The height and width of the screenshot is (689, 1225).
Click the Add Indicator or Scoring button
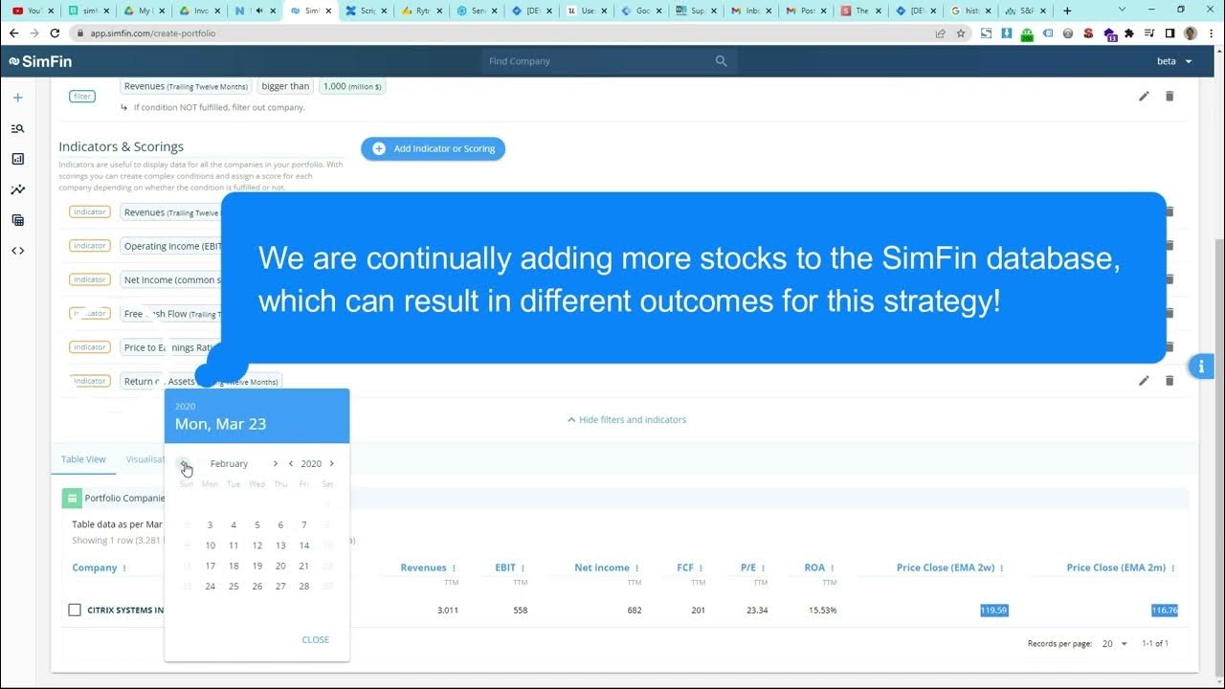click(433, 148)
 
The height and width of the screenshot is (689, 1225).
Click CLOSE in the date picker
click(315, 639)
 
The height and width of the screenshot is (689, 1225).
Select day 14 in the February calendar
click(304, 545)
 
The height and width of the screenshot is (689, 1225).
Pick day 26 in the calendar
click(257, 587)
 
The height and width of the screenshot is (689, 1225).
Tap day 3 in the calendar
click(211, 525)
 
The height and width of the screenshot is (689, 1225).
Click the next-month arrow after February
click(276, 464)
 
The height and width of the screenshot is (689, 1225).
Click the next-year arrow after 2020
click(332, 464)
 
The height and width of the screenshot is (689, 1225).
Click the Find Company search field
click(598, 61)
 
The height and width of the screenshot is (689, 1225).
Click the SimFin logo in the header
click(40, 61)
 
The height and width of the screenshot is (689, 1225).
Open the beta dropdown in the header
click(1174, 61)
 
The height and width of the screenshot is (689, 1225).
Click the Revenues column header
click(423, 567)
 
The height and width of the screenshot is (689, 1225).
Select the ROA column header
click(814, 567)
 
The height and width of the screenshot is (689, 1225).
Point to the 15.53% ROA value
click(820, 611)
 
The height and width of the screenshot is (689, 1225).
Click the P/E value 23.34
click(756, 611)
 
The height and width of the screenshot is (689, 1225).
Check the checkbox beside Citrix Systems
click(75, 610)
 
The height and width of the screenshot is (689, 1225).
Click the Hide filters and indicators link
click(627, 419)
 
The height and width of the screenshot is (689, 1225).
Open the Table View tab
click(83, 459)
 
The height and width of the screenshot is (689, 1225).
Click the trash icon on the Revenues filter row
click(1169, 96)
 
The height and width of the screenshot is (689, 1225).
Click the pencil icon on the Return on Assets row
click(1144, 381)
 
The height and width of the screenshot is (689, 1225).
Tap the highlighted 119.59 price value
click(993, 611)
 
